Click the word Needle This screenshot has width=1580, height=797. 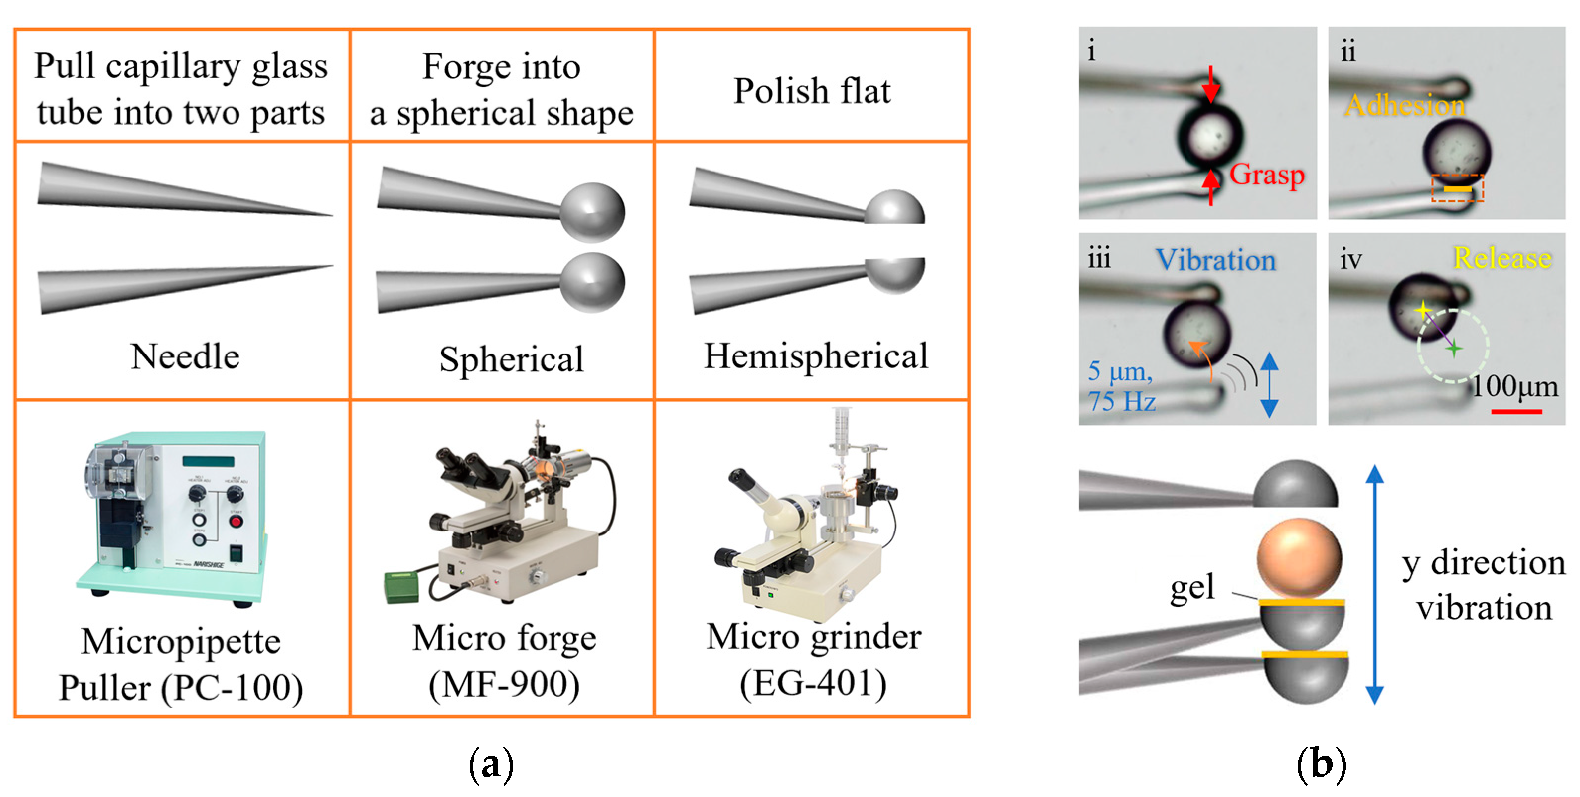pos(185,356)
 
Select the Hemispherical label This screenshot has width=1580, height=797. pos(816,356)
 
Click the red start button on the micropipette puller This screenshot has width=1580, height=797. pos(236,522)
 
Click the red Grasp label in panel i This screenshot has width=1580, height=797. pos(1266,175)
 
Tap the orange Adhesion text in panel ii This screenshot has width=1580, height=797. pos(1405,105)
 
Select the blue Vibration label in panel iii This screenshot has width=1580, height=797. pos(1216,260)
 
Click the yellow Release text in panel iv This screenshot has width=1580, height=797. pos(1502,258)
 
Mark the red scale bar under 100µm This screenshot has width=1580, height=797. pos(1516,412)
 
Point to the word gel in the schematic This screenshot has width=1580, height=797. pos(1192,587)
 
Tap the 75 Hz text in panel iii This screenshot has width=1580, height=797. pos(1121,402)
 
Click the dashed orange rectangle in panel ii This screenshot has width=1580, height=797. pos(1457,188)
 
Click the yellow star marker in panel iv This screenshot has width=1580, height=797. pos(1423,310)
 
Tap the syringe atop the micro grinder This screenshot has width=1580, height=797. pos(841,430)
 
